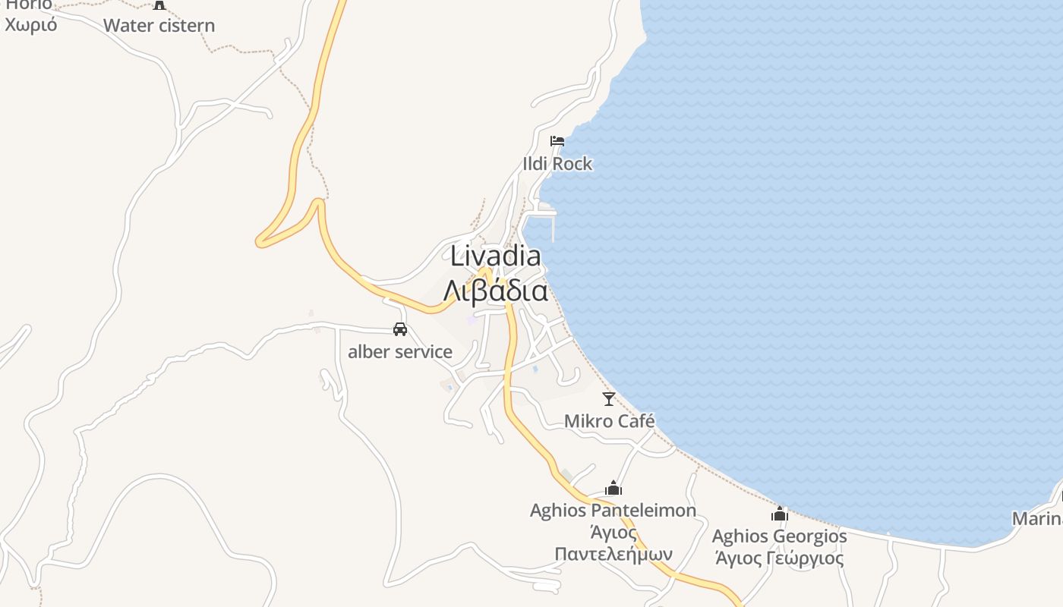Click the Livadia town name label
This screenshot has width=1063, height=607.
[496, 256]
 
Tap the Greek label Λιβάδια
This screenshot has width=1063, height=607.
[496, 291]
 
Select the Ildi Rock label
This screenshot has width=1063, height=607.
[557, 164]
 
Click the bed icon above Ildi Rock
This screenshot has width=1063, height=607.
[557, 141]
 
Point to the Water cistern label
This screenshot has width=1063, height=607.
[159, 26]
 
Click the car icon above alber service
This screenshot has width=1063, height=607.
[400, 329]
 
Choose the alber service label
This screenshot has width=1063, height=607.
[400, 352]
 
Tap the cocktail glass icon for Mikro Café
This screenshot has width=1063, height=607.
[608, 398]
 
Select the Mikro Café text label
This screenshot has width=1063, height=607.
[609, 421]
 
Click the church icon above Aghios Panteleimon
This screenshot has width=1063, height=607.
[614, 488]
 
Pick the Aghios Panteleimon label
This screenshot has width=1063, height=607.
[613, 511]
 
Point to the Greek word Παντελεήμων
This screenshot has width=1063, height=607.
[614, 553]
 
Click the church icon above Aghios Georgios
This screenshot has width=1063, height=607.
[780, 514]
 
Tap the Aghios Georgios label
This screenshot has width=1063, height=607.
[779, 536]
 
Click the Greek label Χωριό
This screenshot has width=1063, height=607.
[31, 24]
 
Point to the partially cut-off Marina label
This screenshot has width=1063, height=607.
[1038, 519]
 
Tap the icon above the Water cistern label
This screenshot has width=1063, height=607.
[159, 5]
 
